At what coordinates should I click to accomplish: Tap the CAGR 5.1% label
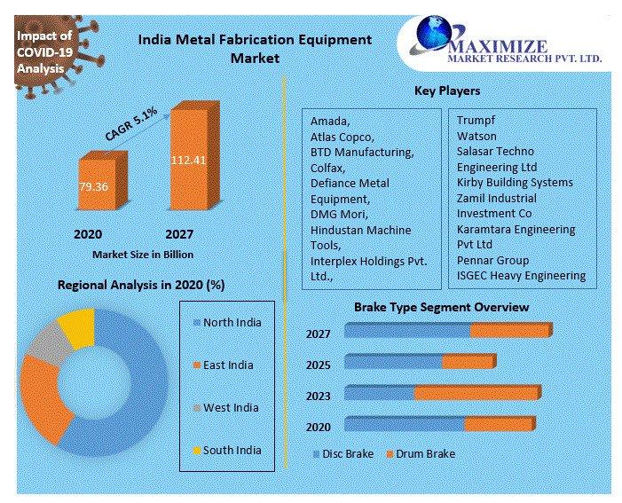click(x=131, y=124)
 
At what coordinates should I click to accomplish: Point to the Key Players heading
click(x=447, y=90)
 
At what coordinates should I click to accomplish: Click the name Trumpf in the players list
click(x=476, y=119)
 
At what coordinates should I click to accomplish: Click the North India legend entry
click(x=232, y=322)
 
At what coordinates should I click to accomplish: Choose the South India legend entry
click(x=232, y=450)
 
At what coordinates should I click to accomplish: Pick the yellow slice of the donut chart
click(x=77, y=326)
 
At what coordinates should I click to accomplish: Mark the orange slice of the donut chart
click(x=43, y=399)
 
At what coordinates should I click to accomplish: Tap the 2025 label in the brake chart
click(x=318, y=365)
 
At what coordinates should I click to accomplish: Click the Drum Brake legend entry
click(x=421, y=453)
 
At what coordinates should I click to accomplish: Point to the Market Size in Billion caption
click(x=142, y=254)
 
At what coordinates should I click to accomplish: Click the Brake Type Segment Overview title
click(x=441, y=307)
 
